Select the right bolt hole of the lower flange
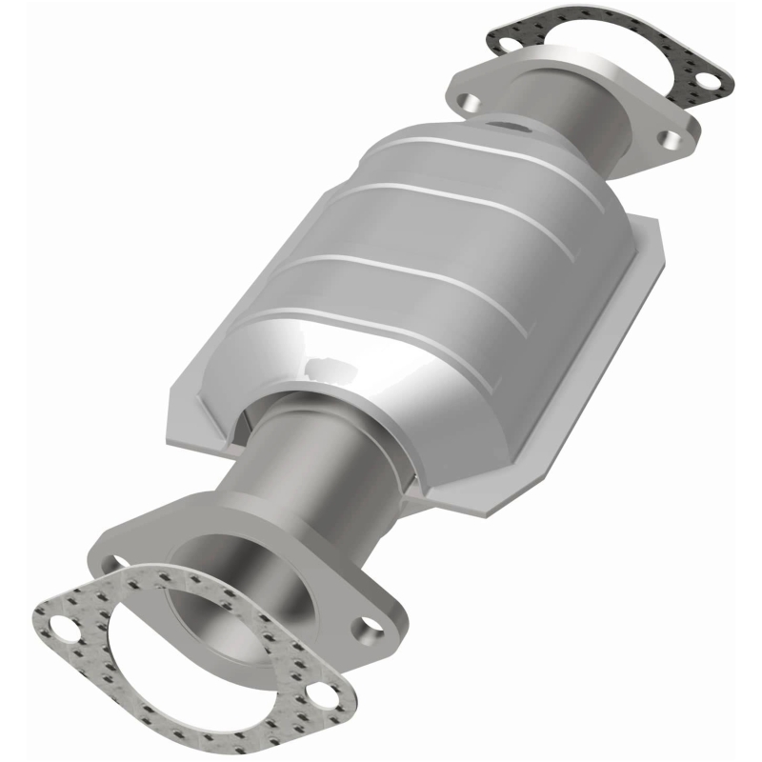click(x=368, y=629)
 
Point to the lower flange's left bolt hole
click(x=116, y=564)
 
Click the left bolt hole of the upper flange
click(x=468, y=99)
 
